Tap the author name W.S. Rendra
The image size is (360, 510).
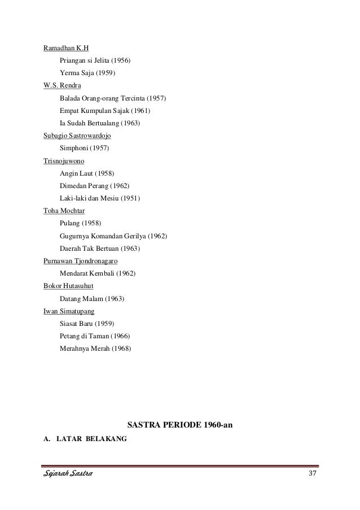62,85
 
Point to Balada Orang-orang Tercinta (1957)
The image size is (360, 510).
112,98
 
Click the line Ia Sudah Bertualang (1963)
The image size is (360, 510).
100,123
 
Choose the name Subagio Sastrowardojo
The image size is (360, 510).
77,136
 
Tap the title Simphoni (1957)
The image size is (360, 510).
84,148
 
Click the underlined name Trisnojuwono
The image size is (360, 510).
64,160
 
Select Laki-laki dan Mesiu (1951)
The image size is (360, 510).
100,198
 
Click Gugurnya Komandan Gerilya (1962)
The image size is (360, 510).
113,236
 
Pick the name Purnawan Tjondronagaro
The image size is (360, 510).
80,261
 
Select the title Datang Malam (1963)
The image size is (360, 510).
91,298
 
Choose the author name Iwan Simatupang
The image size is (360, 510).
69,311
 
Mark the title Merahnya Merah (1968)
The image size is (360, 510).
95,348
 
